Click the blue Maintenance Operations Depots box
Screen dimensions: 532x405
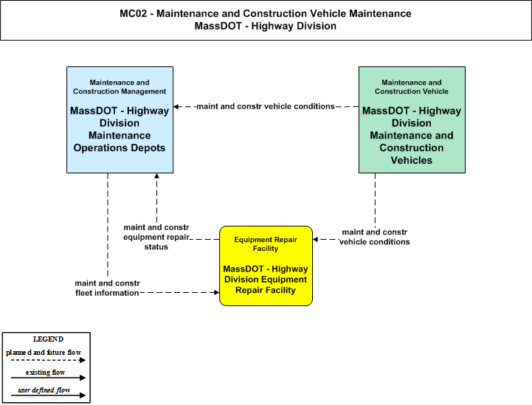(x=120, y=120)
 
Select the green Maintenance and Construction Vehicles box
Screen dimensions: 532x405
(x=412, y=120)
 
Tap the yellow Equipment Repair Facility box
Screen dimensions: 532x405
(x=266, y=266)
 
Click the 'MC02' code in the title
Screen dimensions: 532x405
(x=134, y=13)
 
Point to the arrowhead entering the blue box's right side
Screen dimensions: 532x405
(x=176, y=106)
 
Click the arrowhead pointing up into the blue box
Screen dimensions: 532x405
(x=156, y=176)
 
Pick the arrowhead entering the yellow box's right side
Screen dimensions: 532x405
(x=315, y=240)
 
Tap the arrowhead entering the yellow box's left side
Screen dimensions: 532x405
(x=217, y=292)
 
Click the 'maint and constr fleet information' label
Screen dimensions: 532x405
(x=107, y=288)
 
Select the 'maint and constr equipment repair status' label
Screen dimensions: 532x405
(x=156, y=237)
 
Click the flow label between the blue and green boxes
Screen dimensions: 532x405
(x=266, y=106)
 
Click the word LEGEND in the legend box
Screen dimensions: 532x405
(x=48, y=339)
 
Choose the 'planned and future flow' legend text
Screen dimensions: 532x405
(x=44, y=353)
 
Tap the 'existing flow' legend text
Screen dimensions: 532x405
(x=45, y=373)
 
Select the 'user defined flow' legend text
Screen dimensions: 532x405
(x=44, y=390)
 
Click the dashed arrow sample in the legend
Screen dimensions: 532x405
(x=48, y=360)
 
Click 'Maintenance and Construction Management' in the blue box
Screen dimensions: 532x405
(x=120, y=87)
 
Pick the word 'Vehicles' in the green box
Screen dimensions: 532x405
(x=412, y=160)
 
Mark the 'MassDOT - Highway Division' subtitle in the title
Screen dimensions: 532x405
(x=266, y=26)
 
